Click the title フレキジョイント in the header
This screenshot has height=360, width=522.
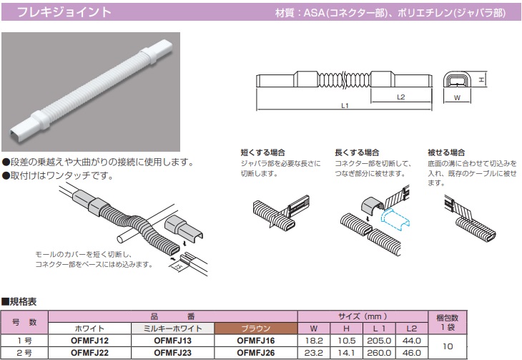click(64, 12)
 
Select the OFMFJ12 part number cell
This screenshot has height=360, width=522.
click(89, 341)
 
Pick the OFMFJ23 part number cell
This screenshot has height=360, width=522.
click(173, 353)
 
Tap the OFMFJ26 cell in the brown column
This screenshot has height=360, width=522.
click(256, 353)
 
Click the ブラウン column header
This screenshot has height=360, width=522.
click(256, 329)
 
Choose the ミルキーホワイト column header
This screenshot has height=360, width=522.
click(173, 329)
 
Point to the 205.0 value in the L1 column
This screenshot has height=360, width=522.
click(379, 341)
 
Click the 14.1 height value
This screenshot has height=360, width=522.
click(346, 353)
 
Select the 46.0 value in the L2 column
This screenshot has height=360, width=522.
click(411, 353)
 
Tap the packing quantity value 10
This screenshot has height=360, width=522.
click(448, 346)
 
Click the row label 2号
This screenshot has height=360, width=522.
click(24, 353)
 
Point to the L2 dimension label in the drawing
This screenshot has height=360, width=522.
click(401, 97)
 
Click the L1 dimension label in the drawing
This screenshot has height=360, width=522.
click(345, 106)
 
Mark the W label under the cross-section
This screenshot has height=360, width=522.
click(457, 97)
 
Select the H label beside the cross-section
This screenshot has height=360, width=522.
click(481, 79)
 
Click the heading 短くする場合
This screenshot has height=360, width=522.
click(263, 152)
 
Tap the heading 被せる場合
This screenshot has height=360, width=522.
click(446, 152)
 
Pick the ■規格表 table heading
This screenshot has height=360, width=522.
click(19, 302)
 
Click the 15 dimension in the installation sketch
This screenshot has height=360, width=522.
click(179, 266)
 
